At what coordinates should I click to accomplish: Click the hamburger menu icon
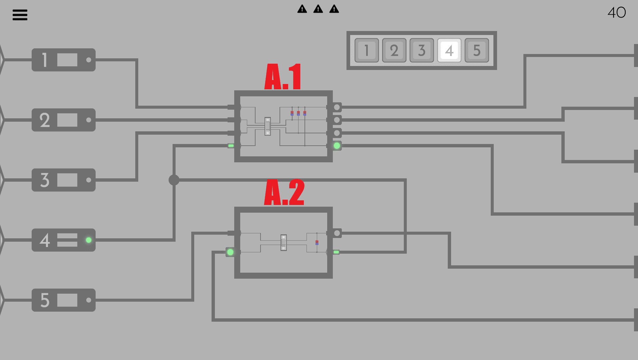point(20,15)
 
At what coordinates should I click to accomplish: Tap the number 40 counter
point(617,13)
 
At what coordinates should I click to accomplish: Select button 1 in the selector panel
point(366,50)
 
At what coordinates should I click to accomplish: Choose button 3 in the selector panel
point(421,50)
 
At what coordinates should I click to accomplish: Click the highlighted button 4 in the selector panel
point(449,50)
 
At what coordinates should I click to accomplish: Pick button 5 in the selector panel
point(477,50)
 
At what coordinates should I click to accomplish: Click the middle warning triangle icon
point(318,9)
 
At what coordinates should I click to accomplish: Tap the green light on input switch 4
point(89,240)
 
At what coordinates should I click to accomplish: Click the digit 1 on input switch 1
point(45,60)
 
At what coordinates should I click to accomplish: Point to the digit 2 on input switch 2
point(45,120)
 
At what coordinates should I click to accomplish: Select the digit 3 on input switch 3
point(45,180)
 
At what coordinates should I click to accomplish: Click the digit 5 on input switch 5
point(45,300)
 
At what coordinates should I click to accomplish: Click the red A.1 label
point(283,77)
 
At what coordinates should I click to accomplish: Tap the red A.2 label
point(284,192)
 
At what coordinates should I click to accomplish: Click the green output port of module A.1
point(337,146)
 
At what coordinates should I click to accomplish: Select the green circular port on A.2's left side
point(230,252)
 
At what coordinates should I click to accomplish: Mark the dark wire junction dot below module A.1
point(174,180)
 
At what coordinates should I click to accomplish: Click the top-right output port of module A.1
point(337,107)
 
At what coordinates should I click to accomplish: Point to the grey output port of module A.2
point(337,233)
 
